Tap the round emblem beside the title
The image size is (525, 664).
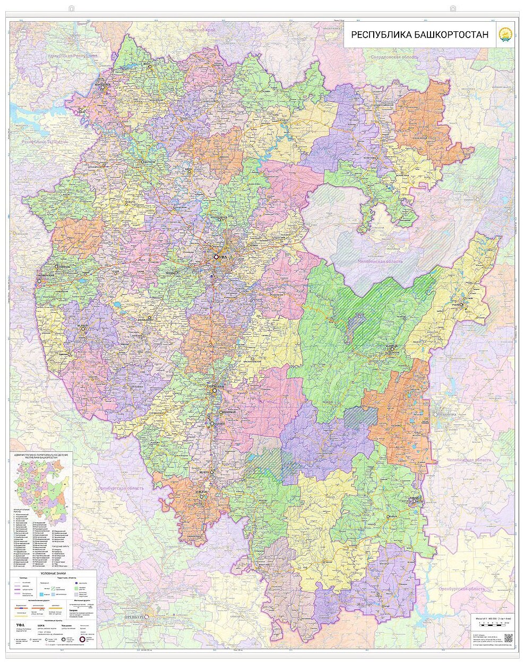pos(504,36)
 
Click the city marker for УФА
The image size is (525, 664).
pos(216,257)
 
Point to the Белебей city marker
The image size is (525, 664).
pos(83,329)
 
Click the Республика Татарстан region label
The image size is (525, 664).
pos(45,142)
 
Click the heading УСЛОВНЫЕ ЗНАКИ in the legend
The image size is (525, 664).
pos(53,573)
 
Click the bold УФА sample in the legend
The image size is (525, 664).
pos(20,625)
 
